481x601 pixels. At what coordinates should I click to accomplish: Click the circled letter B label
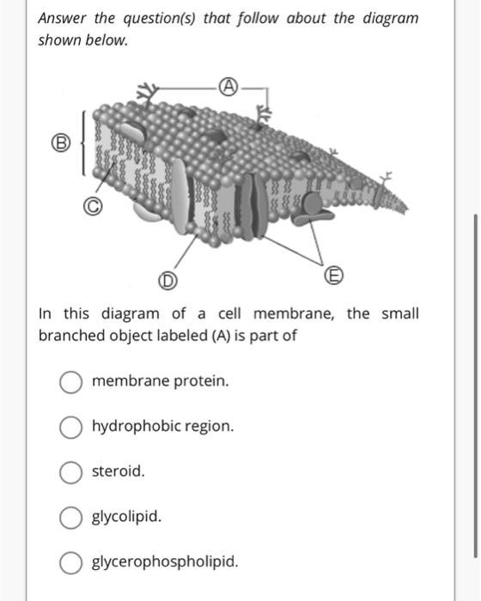pos(61,143)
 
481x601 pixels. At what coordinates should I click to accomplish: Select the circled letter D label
pos(167,281)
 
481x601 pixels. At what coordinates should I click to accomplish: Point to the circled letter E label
pos(333,276)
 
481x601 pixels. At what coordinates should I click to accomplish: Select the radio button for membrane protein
pos(71,382)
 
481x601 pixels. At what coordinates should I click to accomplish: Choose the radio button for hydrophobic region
pos(71,427)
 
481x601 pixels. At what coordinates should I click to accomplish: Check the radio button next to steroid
pos(71,472)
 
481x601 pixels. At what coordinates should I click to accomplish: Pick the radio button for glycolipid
pos(71,518)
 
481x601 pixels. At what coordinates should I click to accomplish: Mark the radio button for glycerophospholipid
pos(71,562)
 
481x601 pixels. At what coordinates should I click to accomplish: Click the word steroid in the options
pos(119,471)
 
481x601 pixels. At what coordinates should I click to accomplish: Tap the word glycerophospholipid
pos(165,562)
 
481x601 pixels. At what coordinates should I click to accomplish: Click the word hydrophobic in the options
pos(136,427)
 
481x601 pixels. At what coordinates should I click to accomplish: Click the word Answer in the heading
pos(62,18)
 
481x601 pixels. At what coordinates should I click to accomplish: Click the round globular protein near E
pos(313,203)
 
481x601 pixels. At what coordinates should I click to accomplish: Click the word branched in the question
pos(72,336)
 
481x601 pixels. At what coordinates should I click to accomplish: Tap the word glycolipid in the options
pos(126,517)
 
